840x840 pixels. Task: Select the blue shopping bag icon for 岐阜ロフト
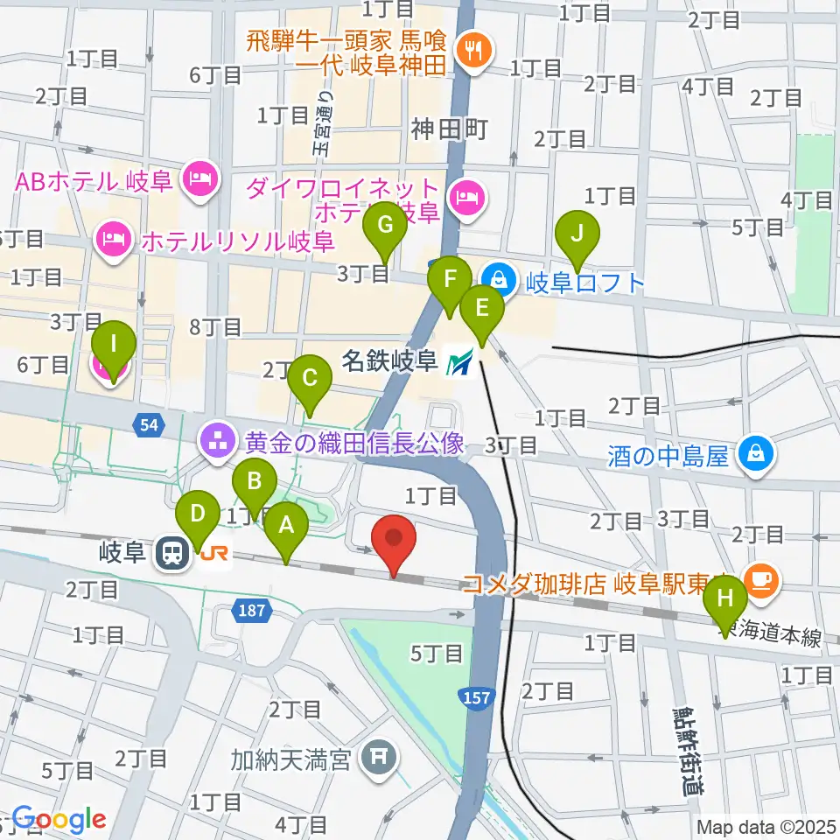497,280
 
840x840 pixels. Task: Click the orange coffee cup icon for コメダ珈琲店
758,578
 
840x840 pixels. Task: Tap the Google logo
59,819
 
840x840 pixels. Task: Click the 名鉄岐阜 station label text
389,360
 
